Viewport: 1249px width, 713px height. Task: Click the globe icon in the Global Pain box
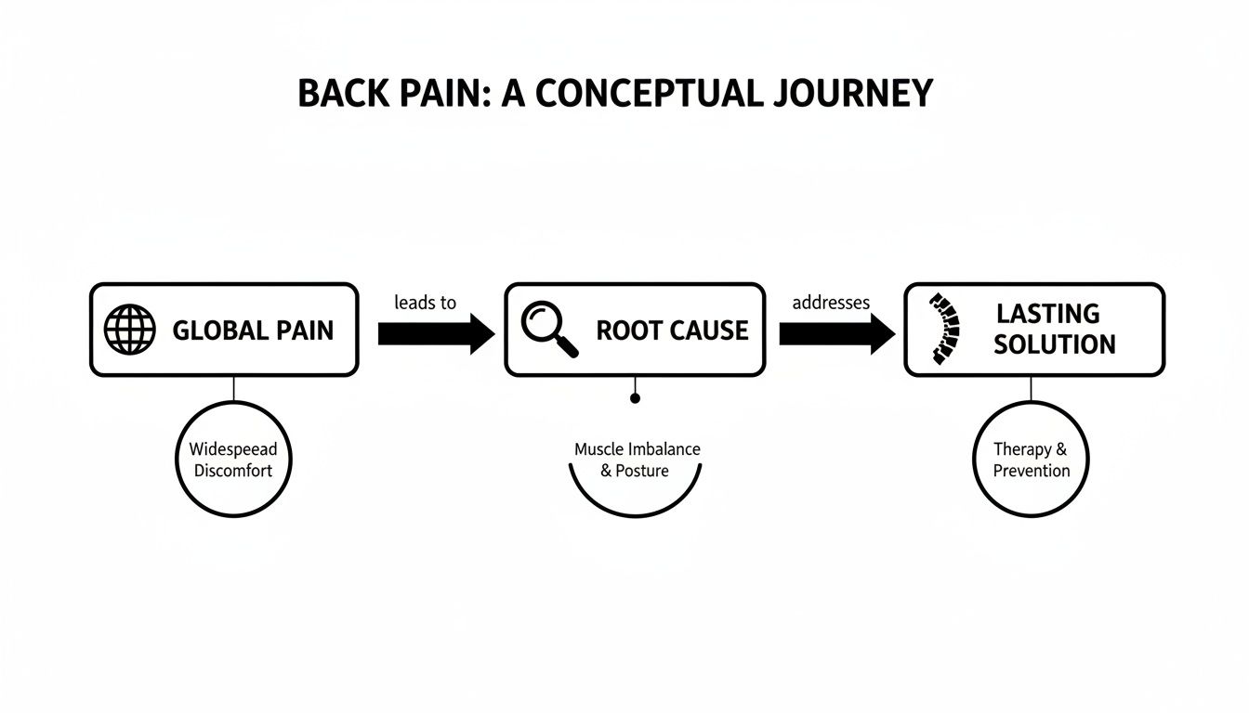coord(131,330)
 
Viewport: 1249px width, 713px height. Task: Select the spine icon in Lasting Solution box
coord(943,329)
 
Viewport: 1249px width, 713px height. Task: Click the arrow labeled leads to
coord(437,333)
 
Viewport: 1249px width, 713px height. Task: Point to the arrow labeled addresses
coord(836,333)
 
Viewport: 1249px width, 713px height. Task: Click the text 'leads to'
coord(425,303)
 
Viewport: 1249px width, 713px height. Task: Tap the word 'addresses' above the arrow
coord(831,303)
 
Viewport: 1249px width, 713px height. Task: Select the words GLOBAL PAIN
coord(253,331)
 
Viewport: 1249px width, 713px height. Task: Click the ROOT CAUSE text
coord(672,331)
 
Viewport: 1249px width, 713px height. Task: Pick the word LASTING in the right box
coord(1047,314)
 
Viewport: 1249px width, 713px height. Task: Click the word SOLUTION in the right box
coord(1055,344)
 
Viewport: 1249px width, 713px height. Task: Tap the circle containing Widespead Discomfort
coord(233,460)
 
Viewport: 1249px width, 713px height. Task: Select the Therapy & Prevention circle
coord(1031,460)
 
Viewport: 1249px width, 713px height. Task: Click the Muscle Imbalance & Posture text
coord(637,460)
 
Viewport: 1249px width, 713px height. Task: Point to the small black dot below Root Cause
coord(636,398)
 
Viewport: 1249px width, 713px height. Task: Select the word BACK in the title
coord(336,94)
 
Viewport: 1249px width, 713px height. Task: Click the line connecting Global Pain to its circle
coord(233,389)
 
